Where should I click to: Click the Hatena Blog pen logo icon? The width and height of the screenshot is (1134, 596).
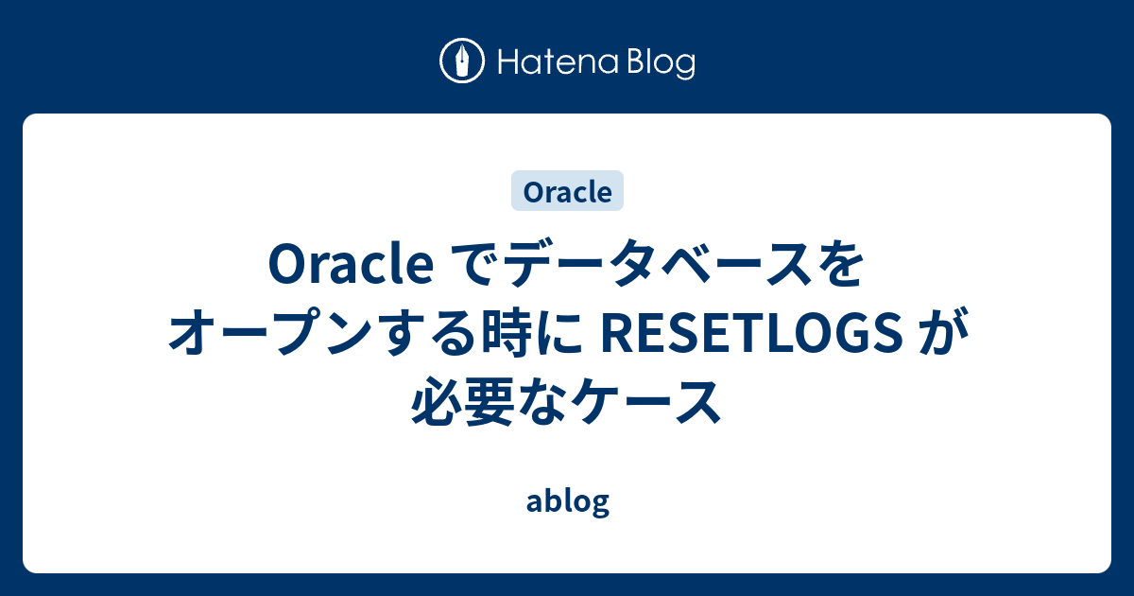click(x=462, y=61)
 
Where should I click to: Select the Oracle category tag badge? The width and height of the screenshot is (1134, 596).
click(x=567, y=191)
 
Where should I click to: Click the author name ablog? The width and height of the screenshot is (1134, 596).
click(x=567, y=501)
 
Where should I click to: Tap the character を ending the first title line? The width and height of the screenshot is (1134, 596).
click(x=839, y=268)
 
